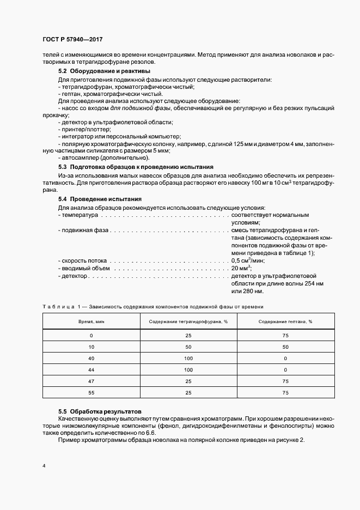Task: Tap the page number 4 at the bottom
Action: (44, 466)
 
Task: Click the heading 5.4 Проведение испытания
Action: (100, 199)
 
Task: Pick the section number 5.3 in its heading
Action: (63, 167)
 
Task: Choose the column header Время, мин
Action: (91, 321)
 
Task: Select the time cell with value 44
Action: (91, 370)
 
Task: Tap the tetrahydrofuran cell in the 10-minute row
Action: (188, 346)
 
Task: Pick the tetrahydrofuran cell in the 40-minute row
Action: (188, 358)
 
